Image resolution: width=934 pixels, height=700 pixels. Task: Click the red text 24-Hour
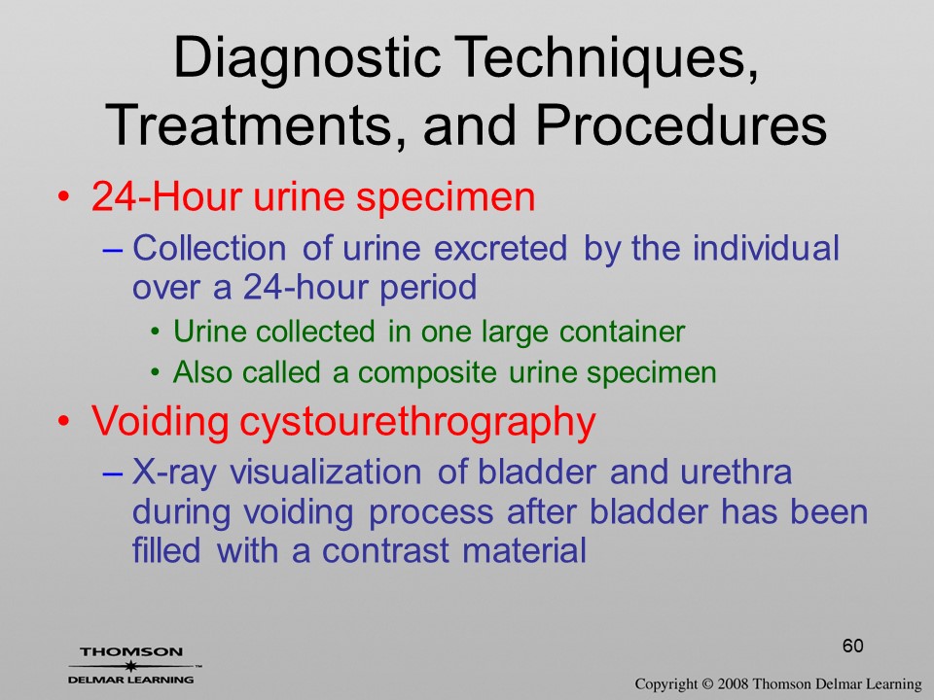click(166, 196)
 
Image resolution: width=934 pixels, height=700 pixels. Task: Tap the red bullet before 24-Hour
click(63, 197)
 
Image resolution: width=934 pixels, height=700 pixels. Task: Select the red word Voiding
click(161, 421)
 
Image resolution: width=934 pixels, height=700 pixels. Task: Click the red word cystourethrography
click(417, 423)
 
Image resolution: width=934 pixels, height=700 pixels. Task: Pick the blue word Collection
click(209, 248)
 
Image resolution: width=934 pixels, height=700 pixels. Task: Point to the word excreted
click(500, 248)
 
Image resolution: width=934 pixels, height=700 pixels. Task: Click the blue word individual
click(766, 248)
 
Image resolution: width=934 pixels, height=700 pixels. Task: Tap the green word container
click(623, 332)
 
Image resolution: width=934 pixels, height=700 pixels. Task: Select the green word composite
click(427, 373)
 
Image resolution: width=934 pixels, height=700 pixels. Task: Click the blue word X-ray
click(174, 472)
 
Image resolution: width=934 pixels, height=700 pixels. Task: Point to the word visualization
click(326, 472)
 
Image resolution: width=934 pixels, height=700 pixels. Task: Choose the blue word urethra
click(736, 472)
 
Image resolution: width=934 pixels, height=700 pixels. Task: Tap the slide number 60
click(853, 646)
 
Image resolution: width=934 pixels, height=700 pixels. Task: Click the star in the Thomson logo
click(130, 666)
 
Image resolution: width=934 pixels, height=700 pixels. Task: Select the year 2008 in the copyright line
click(734, 683)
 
